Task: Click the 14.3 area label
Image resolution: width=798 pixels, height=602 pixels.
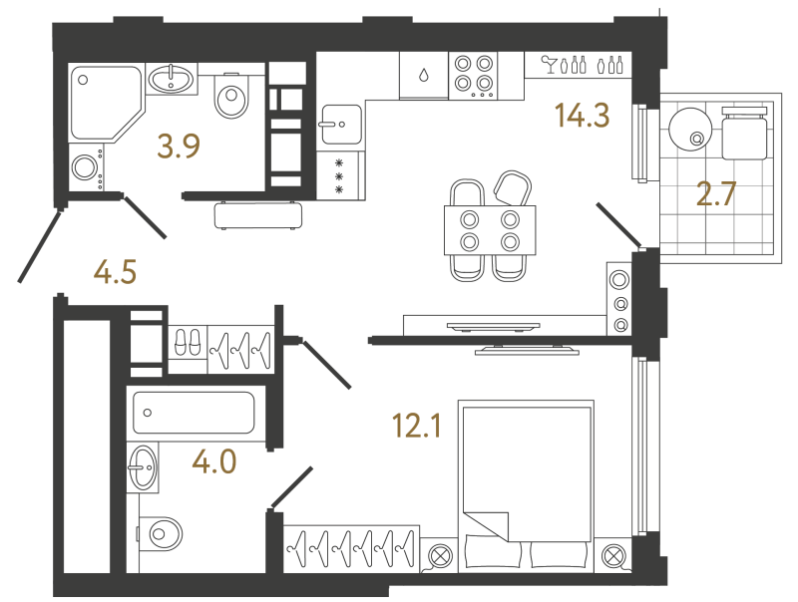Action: (582, 115)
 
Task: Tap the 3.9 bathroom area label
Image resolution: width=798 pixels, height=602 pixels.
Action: (179, 147)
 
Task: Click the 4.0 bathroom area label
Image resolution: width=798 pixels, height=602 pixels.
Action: (214, 462)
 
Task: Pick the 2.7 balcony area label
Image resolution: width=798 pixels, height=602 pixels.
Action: (716, 194)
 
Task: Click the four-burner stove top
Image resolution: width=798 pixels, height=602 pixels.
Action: (473, 76)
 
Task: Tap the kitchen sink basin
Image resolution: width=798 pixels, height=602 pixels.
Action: (341, 125)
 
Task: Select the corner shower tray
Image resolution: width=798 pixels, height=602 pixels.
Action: (106, 103)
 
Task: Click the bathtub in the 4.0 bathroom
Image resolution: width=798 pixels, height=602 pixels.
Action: (194, 413)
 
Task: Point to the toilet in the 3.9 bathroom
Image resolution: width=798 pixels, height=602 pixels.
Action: (232, 96)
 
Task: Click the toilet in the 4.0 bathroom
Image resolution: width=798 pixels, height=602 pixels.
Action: (160, 534)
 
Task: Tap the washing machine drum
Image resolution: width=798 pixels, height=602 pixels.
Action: (84, 166)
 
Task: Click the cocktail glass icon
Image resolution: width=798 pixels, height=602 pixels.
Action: (550, 64)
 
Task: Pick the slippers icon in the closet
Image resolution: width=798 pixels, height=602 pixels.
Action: (188, 342)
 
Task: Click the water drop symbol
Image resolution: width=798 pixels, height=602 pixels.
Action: (423, 76)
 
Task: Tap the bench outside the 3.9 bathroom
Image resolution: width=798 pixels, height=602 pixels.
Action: (258, 215)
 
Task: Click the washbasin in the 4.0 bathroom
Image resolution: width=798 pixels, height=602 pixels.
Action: (142, 467)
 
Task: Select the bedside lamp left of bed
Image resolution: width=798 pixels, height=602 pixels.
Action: (440, 556)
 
